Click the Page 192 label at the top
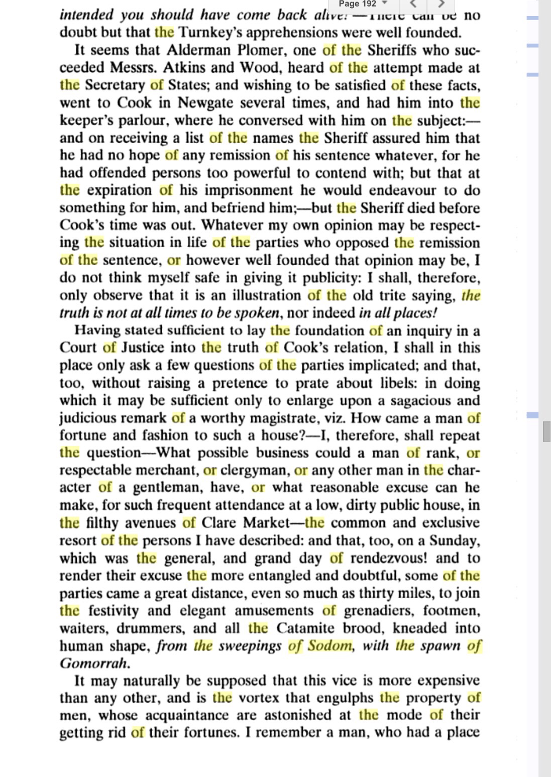coord(357,4)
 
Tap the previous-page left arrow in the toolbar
coord(413,5)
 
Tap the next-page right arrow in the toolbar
coord(441,5)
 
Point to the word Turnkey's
coord(211,33)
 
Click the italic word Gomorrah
coord(94,663)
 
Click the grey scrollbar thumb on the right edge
coord(546,432)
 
